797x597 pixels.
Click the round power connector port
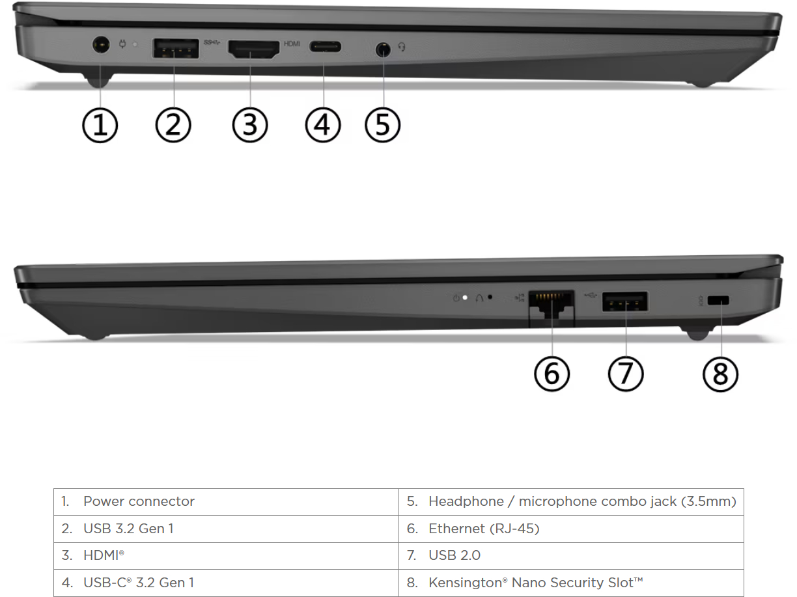[x=101, y=45]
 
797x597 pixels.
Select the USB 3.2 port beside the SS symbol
[x=176, y=48]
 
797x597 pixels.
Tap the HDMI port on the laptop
[x=253, y=49]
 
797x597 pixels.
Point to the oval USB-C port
[x=325, y=47]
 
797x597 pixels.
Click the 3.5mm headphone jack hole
[x=383, y=49]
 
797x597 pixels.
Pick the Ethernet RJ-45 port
[x=551, y=305]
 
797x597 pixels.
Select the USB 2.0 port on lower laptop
[x=625, y=301]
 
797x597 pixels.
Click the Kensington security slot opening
[x=718, y=301]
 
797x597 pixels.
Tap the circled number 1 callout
[x=100, y=126]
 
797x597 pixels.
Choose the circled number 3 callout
[x=250, y=126]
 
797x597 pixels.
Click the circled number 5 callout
[x=383, y=126]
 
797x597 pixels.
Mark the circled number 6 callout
[x=552, y=374]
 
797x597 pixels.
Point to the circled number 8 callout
[x=720, y=374]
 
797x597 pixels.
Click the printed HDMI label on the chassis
[x=292, y=44]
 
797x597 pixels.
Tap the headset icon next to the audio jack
[x=402, y=47]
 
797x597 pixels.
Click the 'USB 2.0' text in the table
[x=454, y=555]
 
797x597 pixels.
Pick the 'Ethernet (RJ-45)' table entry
[x=484, y=529]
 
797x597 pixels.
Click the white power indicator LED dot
[x=465, y=298]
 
